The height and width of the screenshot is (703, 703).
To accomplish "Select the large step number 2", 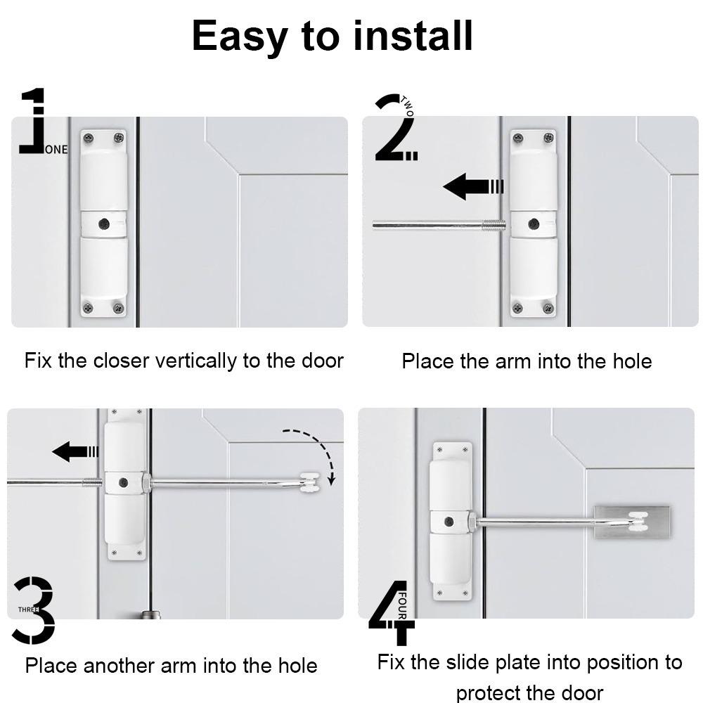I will (394, 130).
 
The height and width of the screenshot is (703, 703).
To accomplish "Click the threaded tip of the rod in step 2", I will (494, 226).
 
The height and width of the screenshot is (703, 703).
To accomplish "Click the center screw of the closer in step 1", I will (104, 224).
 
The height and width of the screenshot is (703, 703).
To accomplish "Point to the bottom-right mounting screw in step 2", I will (548, 308).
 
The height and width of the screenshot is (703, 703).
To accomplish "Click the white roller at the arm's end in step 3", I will (310, 483).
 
